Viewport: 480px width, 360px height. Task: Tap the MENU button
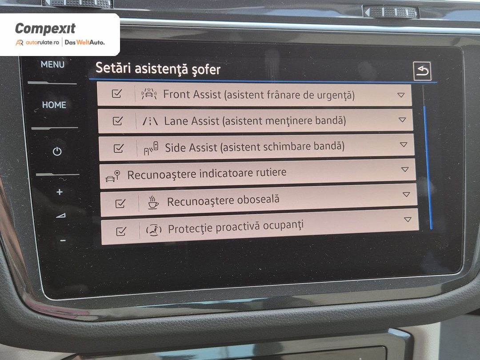tap(52, 64)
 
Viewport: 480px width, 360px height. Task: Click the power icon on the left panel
tap(57, 151)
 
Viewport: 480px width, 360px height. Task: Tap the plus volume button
tap(60, 192)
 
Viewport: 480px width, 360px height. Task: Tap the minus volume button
tap(63, 240)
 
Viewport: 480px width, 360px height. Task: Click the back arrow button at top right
tap(422, 71)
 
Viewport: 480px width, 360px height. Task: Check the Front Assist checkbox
tap(116, 93)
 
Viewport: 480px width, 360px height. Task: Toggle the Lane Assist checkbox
tap(117, 121)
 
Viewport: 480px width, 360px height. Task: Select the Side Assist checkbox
tap(119, 148)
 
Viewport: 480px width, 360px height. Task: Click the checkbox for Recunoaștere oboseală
tap(120, 203)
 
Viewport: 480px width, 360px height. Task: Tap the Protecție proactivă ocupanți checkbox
tap(121, 231)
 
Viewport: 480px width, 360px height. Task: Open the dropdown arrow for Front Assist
tap(401, 95)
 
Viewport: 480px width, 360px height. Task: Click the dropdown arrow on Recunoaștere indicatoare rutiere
tap(405, 169)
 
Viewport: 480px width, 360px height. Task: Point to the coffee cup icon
tap(153, 202)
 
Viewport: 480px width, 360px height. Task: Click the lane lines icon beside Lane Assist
tap(150, 121)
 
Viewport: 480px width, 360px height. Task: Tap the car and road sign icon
tap(112, 176)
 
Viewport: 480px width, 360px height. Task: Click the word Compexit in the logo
tap(45, 29)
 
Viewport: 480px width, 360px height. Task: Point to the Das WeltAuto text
tap(85, 42)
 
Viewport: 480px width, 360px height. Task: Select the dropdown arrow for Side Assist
tap(404, 144)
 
